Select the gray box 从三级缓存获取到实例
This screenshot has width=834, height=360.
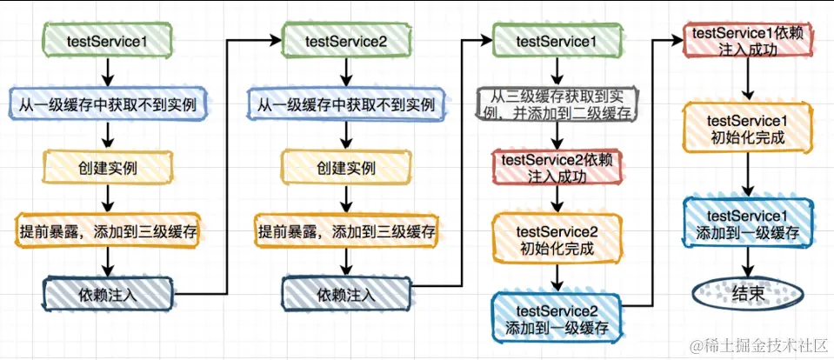(x=557, y=104)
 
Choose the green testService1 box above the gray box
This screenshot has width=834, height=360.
(x=557, y=39)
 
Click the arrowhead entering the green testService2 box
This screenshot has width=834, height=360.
(x=276, y=39)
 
